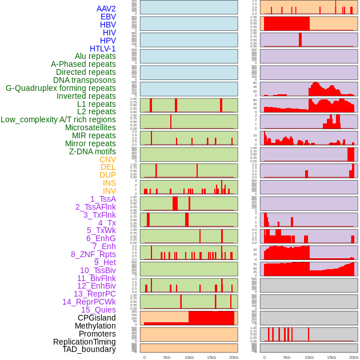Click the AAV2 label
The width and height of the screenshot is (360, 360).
[x=106, y=9]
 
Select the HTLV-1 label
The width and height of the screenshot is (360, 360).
[x=102, y=49]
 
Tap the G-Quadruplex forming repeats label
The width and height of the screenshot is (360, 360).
[x=61, y=88]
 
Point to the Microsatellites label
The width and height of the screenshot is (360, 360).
[x=90, y=127]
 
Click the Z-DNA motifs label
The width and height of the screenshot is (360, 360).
[x=92, y=151]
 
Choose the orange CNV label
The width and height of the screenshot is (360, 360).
[x=107, y=159]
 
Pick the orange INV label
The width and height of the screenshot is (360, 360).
[x=109, y=191]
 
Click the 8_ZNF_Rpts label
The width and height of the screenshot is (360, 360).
[x=93, y=254]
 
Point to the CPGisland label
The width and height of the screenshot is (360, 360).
[x=97, y=318]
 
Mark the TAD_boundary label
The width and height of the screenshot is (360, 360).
[x=89, y=349]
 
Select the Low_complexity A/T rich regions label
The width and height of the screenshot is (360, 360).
[x=58, y=119]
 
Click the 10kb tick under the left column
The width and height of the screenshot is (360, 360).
[x=189, y=357]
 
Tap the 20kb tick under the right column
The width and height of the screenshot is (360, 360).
[x=354, y=357]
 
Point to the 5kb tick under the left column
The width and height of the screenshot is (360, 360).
[x=167, y=357]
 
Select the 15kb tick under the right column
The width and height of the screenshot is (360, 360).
[x=331, y=357]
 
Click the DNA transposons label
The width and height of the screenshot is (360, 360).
[x=84, y=80]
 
